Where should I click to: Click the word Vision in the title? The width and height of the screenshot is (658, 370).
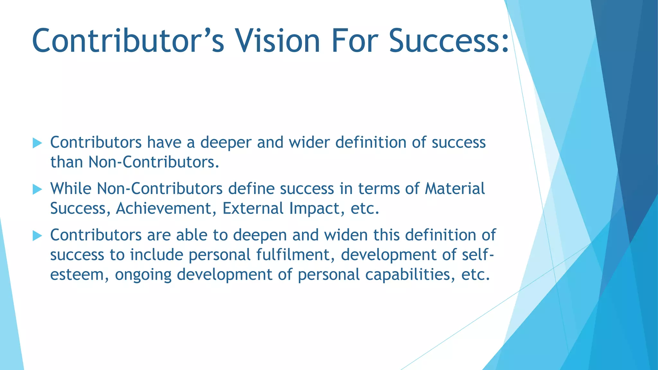278,41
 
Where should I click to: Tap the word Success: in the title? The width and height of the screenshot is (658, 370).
449,41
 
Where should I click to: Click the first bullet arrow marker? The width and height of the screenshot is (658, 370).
37,143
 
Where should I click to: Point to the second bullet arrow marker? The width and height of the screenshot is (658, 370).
37,189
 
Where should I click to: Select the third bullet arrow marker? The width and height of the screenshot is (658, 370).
37,236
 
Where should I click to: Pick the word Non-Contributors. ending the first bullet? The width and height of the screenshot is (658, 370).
154,162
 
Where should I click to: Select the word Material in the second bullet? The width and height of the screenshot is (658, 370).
455,189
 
